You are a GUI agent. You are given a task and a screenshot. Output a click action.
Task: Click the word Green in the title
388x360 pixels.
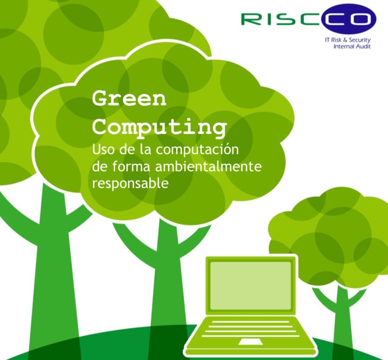(129, 98)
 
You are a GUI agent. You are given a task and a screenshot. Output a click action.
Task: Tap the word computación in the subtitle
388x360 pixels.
(197, 150)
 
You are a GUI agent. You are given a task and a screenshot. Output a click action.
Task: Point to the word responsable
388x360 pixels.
(130, 184)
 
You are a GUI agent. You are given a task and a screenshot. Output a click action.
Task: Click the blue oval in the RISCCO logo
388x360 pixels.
(349, 19)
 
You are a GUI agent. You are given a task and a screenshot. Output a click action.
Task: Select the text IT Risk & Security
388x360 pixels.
(348, 40)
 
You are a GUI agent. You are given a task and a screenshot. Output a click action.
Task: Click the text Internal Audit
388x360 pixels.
(352, 46)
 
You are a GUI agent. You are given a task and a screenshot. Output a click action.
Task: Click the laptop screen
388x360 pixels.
(250, 285)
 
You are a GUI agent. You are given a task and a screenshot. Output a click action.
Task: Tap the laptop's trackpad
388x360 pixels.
(250, 342)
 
